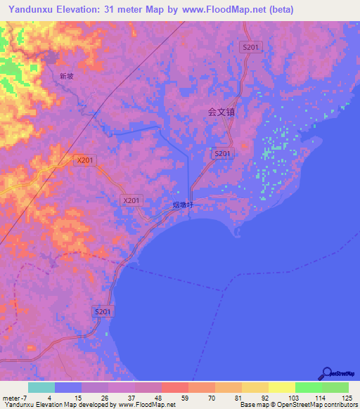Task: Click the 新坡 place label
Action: pyautogui.click(x=67, y=76)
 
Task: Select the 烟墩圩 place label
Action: pyautogui.click(x=182, y=205)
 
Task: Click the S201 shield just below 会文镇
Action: pyautogui.click(x=221, y=153)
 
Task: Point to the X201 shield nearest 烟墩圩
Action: pyautogui.click(x=132, y=200)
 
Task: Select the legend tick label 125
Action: pyautogui.click(x=347, y=397)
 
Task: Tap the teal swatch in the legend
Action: pyautogui.click(x=41, y=387)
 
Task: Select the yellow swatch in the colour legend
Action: pyautogui.click(x=281, y=387)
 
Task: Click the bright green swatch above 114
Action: pyautogui.click(x=308, y=387)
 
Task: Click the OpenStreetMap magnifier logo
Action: pyautogui.click(x=326, y=372)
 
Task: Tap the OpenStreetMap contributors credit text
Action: pyautogui.click(x=319, y=405)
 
